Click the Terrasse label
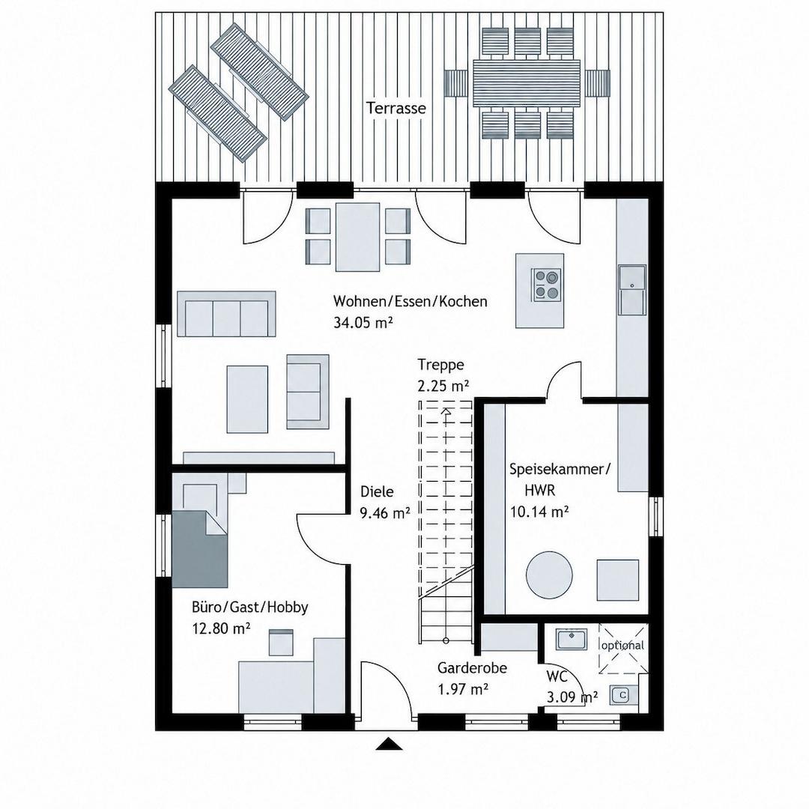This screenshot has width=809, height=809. click(x=396, y=109)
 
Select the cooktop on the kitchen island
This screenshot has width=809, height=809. click(x=546, y=285)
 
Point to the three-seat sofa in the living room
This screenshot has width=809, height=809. click(x=226, y=314)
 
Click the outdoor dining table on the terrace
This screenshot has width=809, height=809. click(x=527, y=83)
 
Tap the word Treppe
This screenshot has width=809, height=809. click(x=440, y=365)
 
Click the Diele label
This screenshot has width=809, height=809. click(x=377, y=491)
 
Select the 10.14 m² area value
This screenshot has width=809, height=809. click(x=539, y=512)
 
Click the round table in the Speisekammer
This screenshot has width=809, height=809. click(x=549, y=575)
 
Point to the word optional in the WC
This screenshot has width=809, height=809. click(x=622, y=646)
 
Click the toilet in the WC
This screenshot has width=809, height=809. click(x=622, y=695)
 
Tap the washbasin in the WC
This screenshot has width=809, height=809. click(x=571, y=639)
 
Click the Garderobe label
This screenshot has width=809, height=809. click(x=472, y=667)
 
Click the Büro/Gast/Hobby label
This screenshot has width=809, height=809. click(x=249, y=607)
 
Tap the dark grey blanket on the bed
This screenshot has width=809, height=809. click(x=200, y=549)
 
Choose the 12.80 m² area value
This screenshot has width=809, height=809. click(x=221, y=628)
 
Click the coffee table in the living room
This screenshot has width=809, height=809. click(x=247, y=399)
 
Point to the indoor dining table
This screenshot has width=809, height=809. click(x=357, y=237)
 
